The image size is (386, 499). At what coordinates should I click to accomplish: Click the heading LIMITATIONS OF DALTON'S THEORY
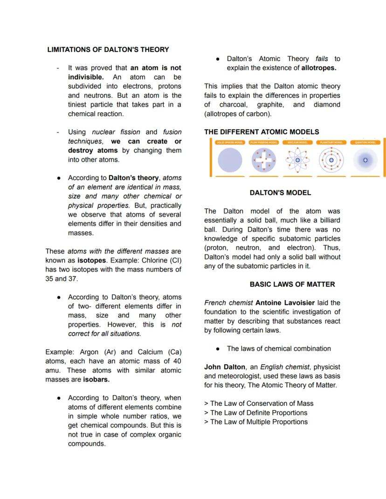(108, 49)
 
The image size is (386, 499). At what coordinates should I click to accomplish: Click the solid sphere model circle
(230, 160)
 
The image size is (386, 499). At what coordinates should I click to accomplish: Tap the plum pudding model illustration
(264, 160)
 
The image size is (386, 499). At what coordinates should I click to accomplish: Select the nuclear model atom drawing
(297, 160)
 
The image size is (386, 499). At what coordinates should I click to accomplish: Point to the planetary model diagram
(331, 160)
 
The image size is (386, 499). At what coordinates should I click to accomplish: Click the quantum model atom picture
(365, 160)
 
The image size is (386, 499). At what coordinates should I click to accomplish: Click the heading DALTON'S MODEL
(280, 192)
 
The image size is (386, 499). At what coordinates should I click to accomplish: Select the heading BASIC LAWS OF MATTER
(292, 284)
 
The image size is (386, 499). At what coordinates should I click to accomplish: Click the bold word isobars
(96, 379)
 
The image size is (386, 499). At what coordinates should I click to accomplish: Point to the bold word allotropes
(319, 68)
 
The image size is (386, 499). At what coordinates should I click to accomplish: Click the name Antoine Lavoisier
(285, 303)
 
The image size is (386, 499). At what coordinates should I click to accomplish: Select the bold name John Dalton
(225, 367)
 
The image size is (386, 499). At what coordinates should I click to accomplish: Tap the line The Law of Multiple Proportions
(255, 422)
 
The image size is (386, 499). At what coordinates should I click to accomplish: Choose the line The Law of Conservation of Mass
(259, 403)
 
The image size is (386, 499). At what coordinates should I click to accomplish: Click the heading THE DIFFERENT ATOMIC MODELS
(262, 132)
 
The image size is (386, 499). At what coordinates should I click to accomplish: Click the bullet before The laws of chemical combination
(218, 349)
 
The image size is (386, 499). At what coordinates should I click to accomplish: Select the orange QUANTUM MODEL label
(365, 143)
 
